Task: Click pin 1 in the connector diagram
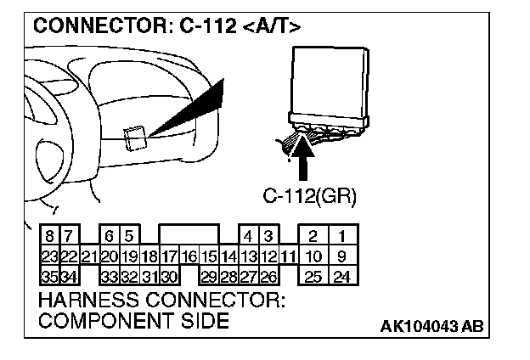tap(341, 236)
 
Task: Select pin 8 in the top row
tap(50, 236)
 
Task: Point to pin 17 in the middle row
tap(169, 255)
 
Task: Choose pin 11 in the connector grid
tap(288, 255)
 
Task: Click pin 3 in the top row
tap(268, 236)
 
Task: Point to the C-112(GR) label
tap(309, 197)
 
